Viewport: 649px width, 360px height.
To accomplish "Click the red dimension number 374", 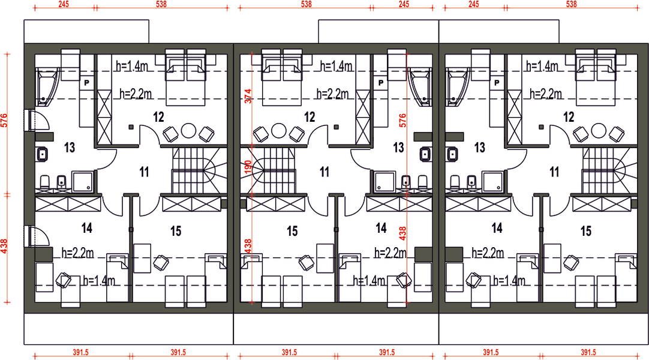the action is click(x=248, y=97).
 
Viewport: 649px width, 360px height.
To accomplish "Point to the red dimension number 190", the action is click(x=248, y=167).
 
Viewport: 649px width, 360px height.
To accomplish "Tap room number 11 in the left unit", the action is click(x=144, y=172).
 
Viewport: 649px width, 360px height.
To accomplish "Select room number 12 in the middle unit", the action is click(x=310, y=117).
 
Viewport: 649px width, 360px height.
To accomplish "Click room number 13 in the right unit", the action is click(x=480, y=148).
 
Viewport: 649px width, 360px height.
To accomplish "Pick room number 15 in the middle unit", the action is click(x=292, y=231).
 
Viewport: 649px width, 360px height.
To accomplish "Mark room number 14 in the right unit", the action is click(x=497, y=228).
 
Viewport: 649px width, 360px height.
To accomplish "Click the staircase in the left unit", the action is click(x=200, y=170).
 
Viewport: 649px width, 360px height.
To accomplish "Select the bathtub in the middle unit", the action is click(x=420, y=88).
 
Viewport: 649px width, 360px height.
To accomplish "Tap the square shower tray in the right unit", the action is click(x=493, y=182).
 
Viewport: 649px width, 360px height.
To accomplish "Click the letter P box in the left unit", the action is click(x=87, y=83).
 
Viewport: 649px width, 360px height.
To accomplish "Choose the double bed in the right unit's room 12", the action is click(x=596, y=78).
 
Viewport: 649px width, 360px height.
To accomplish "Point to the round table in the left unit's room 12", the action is click(x=189, y=131).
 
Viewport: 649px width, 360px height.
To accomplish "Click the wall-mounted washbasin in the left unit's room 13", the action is click(x=42, y=155).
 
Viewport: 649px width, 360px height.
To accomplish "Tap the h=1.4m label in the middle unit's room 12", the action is click(x=336, y=66).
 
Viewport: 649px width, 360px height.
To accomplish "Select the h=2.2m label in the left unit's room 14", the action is click(x=77, y=253).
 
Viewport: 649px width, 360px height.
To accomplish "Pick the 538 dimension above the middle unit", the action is click(x=306, y=4).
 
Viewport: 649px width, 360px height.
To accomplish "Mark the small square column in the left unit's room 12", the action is click(x=131, y=127).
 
